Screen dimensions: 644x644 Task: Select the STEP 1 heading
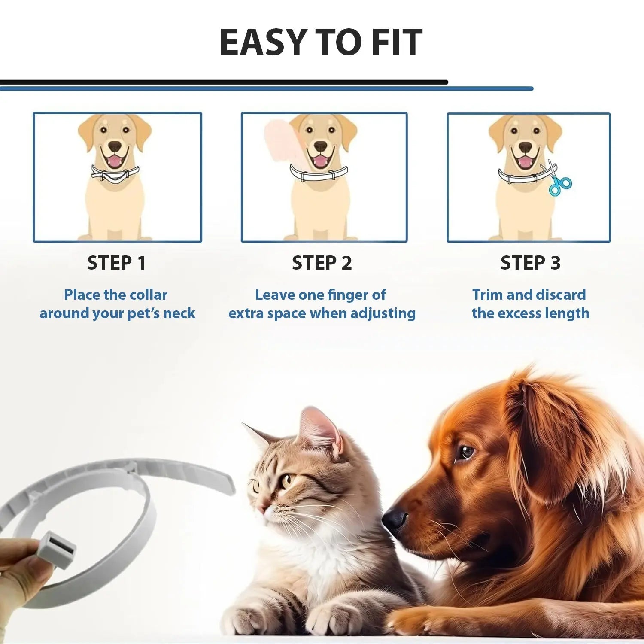click(x=117, y=263)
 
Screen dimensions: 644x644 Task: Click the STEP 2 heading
click(x=322, y=263)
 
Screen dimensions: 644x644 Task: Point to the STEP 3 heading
click(x=531, y=263)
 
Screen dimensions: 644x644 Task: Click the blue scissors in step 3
click(x=559, y=184)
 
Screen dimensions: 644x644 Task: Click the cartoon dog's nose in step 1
click(x=115, y=146)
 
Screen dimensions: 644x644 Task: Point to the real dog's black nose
click(x=394, y=518)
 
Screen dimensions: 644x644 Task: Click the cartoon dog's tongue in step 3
click(x=524, y=162)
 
